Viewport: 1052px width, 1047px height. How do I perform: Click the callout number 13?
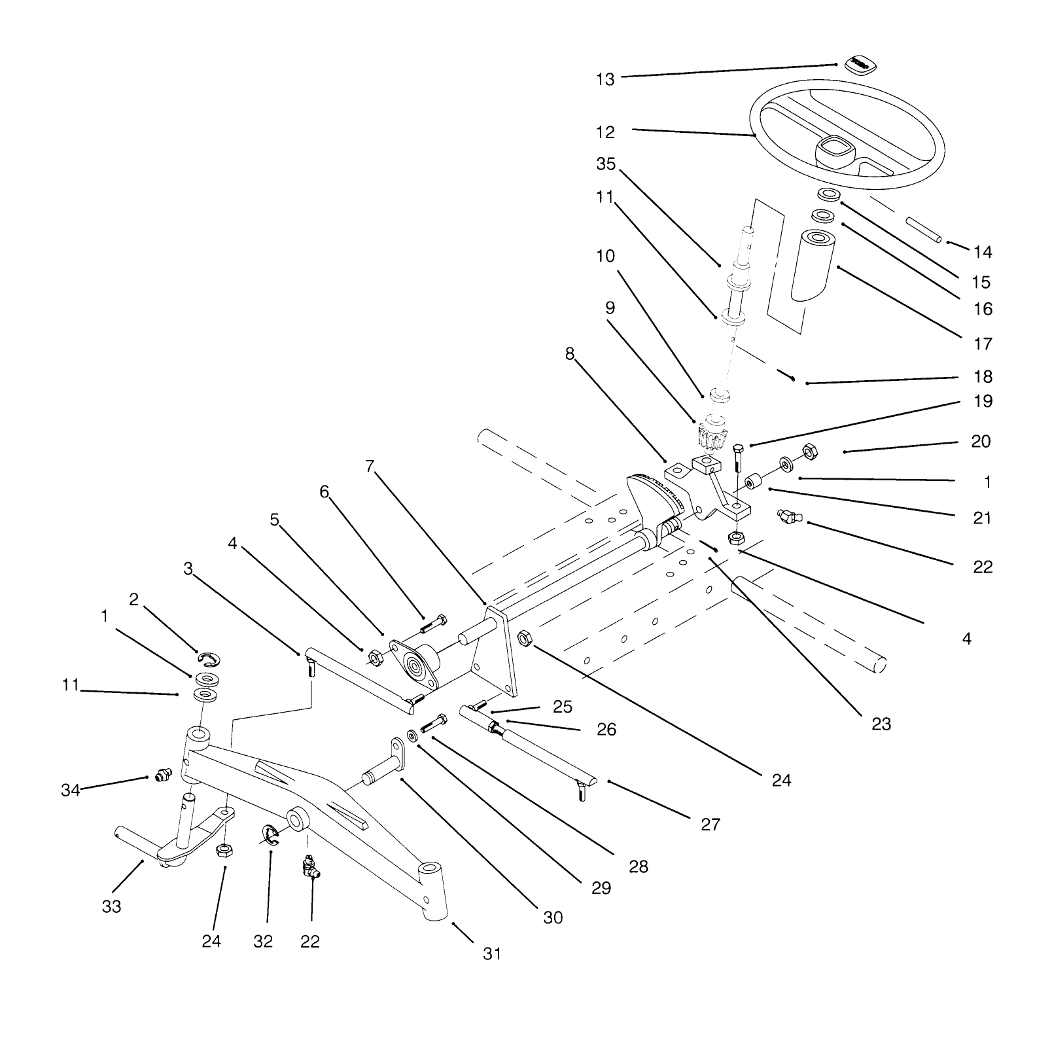click(x=605, y=79)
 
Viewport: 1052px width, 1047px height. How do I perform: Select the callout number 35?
click(x=606, y=164)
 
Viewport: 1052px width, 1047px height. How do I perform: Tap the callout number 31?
click(x=492, y=954)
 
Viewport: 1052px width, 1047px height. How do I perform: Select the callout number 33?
click(x=111, y=907)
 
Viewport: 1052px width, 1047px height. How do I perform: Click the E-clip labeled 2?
click(x=210, y=658)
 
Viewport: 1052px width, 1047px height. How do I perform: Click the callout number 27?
click(x=710, y=825)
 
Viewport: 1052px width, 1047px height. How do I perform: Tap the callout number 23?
click(x=881, y=724)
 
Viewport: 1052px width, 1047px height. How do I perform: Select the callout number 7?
click(x=370, y=466)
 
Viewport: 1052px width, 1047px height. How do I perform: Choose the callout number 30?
click(x=553, y=917)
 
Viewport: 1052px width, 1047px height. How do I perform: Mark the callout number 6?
click(x=324, y=492)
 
